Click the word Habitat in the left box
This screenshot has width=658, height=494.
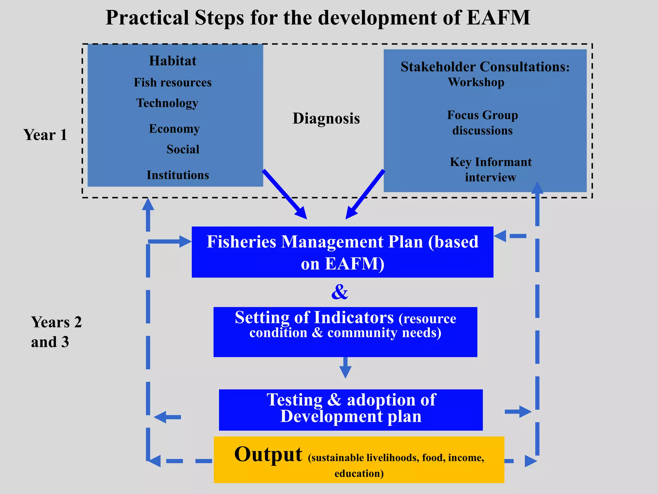point(173,61)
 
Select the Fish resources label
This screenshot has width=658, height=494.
point(173,82)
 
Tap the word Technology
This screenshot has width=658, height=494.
point(167,103)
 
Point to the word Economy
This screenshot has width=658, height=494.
point(174,129)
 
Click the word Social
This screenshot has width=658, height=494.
point(183,149)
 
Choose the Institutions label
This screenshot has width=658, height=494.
point(178,175)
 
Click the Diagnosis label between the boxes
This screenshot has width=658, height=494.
point(326,118)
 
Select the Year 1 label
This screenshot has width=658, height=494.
point(45,135)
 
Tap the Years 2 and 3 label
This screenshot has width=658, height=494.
point(56,332)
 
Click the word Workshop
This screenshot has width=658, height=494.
point(476,82)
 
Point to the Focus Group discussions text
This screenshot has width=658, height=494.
point(482,123)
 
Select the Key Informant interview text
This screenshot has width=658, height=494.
point(491,169)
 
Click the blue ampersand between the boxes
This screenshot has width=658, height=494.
point(340,292)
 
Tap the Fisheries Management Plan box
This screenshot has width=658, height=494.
point(342,252)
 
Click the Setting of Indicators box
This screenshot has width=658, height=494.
point(345,332)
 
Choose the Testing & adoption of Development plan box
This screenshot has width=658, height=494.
point(351,410)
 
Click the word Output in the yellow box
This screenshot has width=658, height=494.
point(268,454)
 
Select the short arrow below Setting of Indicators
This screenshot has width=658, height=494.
point(345,368)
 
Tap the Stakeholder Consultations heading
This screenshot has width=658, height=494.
point(485,67)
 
